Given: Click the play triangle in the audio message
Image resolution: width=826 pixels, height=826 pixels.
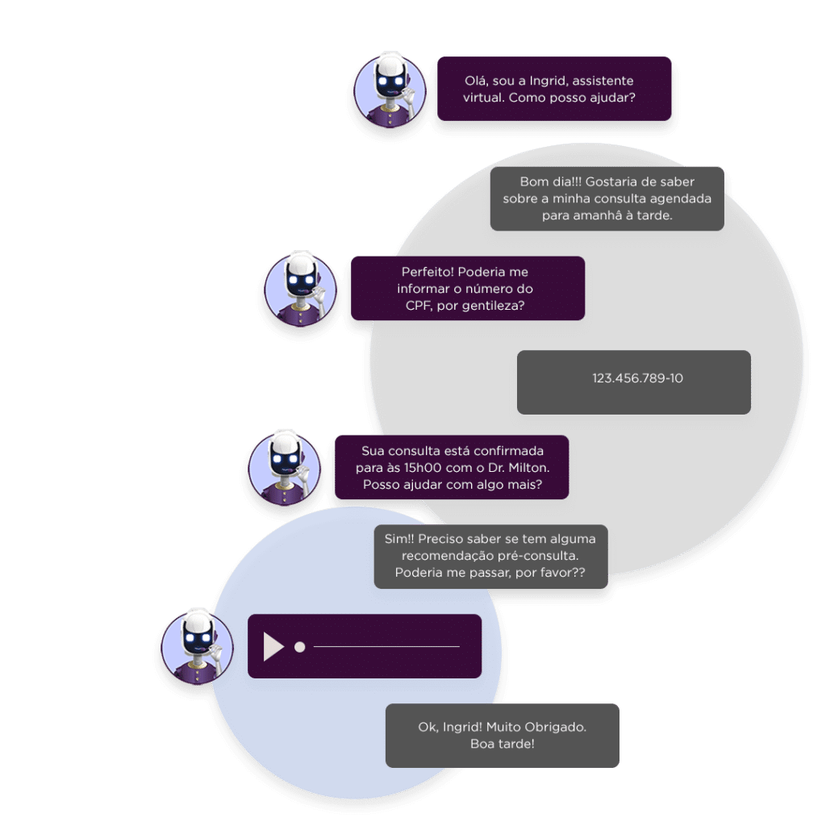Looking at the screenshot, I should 273,647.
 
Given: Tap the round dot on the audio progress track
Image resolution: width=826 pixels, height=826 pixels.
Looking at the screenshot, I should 300,647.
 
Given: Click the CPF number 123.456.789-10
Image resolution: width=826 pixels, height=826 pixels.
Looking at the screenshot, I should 637,378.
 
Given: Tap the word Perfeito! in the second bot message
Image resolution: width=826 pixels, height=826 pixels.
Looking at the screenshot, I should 429,272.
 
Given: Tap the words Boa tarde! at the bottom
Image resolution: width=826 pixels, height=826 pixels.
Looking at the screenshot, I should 502,743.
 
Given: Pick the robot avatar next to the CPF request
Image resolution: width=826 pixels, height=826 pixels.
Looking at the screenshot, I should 300,289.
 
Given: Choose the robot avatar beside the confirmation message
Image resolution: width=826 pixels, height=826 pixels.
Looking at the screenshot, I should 284,468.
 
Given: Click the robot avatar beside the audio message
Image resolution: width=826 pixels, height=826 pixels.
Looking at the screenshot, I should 197,647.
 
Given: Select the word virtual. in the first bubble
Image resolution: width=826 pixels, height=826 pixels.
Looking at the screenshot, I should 485,98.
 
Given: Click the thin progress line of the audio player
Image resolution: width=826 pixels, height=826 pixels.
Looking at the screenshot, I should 387,647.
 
